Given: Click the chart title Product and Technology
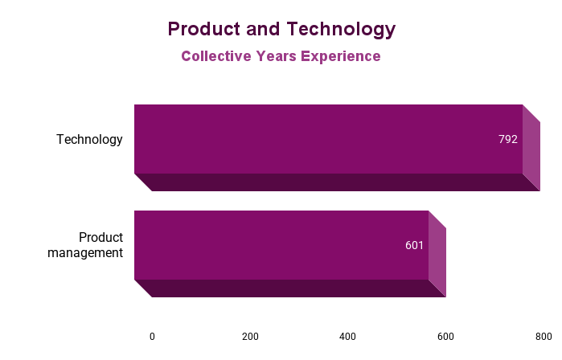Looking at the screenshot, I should coord(281,30).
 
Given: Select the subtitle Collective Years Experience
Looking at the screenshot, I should coord(281,56).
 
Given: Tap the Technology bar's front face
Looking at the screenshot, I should coord(322,139).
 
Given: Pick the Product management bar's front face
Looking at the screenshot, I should coord(273,245).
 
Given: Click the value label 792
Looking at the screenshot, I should coord(507,139).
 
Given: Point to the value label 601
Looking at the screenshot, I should coord(414,245).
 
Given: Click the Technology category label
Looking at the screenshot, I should coord(89,140).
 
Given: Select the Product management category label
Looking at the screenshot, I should coord(85,245).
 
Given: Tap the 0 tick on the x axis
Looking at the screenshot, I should coord(152,337).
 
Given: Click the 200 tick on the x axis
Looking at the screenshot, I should coord(250,337).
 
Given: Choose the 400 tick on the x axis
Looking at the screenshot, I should coord(347,337).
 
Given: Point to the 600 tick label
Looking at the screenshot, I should coord(445,337).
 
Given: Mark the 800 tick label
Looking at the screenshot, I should coord(544,337).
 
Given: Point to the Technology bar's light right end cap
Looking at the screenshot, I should coord(531,148).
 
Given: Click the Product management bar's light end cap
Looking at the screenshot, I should coord(437,254).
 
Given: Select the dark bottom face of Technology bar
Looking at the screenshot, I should coord(338,182).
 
